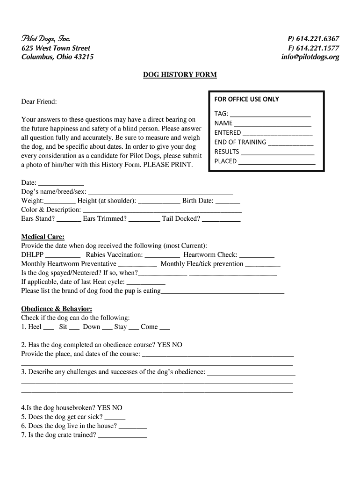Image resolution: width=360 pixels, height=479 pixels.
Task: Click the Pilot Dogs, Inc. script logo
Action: [46, 39]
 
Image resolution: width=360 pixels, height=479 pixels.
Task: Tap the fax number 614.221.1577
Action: [314, 48]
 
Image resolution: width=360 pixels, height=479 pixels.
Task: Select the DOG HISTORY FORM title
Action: [180, 75]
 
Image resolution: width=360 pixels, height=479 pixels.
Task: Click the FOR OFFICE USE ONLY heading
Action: [246, 99]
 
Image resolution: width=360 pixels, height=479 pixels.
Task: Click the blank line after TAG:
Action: [270, 114]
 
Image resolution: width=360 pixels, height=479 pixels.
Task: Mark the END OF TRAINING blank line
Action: [291, 143]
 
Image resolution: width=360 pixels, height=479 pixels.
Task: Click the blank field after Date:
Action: [61, 183]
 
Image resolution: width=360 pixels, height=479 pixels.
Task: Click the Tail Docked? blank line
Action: [221, 219]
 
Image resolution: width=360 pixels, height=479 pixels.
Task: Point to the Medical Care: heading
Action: [43, 237]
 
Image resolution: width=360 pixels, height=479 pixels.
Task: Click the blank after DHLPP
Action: [63, 255]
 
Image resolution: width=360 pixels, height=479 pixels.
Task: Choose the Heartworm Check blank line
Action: [257, 255]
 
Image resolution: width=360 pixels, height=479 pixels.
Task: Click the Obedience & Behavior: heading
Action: [57, 309]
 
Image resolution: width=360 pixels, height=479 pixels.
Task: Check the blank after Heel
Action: [49, 327]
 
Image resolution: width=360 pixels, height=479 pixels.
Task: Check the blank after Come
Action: [165, 327]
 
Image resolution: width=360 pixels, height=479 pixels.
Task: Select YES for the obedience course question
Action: [164, 345]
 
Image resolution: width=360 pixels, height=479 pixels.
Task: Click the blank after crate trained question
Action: [122, 435]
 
